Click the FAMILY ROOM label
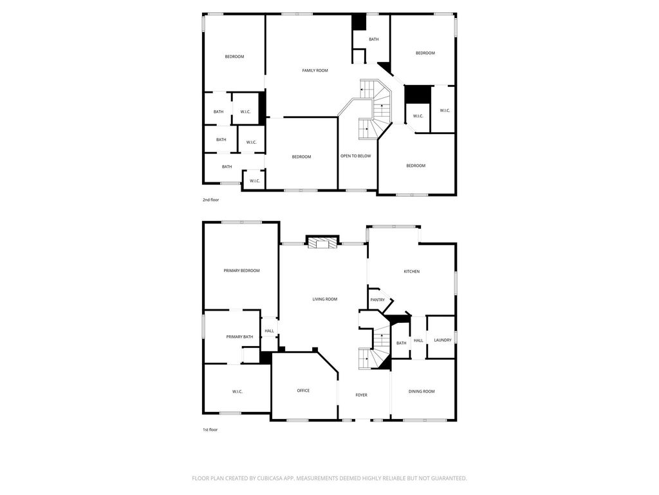pos(315,71)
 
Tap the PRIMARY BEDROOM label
pos(242,271)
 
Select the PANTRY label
pos(377,300)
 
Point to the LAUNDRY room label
pos(443,340)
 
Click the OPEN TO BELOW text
pos(355,156)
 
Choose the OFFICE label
pos(303,391)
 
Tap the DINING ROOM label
pos(422,391)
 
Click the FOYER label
pos(362,395)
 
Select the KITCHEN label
pos(411,271)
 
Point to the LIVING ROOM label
pos(325,299)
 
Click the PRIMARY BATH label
pos(239,336)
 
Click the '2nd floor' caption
pos(210,200)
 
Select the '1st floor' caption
pos(210,430)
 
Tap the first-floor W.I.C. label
pos(237,392)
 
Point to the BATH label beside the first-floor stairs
pos(402,343)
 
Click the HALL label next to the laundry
pos(418,340)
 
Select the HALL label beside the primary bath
pos(270,331)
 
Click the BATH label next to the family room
pos(374,39)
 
